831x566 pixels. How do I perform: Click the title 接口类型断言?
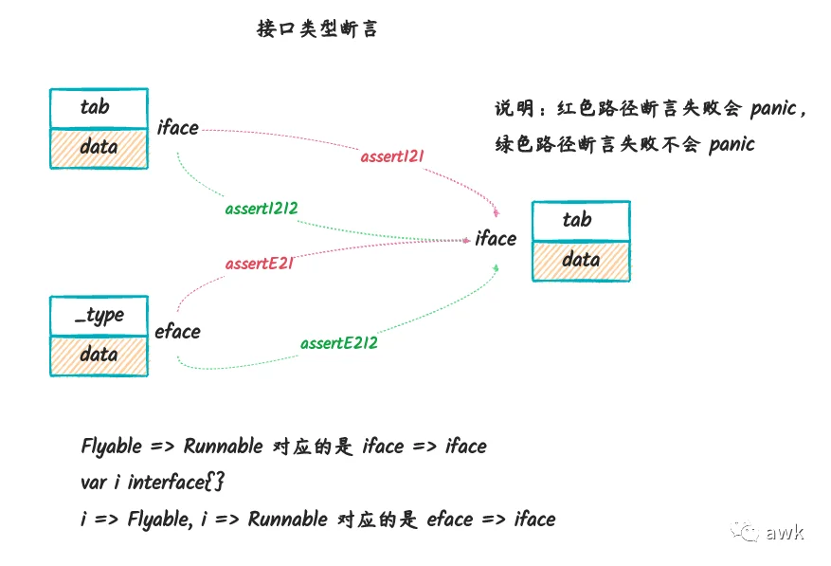(316, 28)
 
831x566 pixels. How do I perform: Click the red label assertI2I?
(392, 156)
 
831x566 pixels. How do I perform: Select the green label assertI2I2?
(262, 209)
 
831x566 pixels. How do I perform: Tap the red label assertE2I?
(260, 264)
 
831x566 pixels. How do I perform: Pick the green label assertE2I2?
(338, 343)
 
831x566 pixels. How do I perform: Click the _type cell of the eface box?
(99, 316)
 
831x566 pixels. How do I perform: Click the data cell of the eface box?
(99, 356)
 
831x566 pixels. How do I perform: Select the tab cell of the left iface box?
(99, 108)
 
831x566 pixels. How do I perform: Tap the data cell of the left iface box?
(99, 149)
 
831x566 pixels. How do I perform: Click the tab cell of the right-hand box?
(582, 221)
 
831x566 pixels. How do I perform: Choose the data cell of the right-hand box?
(582, 261)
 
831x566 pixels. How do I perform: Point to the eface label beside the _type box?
(177, 332)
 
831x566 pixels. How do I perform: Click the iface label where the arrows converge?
(496, 239)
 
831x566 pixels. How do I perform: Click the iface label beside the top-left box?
(177, 128)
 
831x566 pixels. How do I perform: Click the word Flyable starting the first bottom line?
(112, 447)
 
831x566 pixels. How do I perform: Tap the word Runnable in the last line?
(288, 519)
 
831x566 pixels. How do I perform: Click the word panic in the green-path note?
(732, 144)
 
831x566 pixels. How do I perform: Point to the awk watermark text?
(785, 532)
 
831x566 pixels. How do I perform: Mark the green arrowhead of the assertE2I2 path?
(497, 268)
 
